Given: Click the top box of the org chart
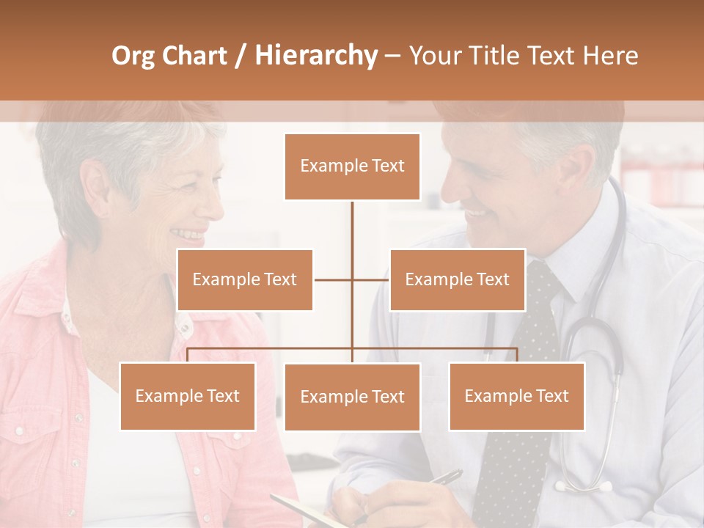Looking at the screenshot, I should coord(352,166).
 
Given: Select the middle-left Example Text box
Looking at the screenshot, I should coord(245,279).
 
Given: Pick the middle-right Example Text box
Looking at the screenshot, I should coord(457,279).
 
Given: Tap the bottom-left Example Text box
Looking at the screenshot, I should coord(188,396).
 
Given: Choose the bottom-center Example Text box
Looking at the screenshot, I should coord(352,397).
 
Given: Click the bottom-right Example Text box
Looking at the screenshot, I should coord(516,396).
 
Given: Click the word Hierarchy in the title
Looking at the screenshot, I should coord(316,56).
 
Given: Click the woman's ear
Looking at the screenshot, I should coord(96,187).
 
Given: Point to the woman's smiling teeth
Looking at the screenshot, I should coord(188,235).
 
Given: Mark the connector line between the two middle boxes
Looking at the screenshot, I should coord(352,279).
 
